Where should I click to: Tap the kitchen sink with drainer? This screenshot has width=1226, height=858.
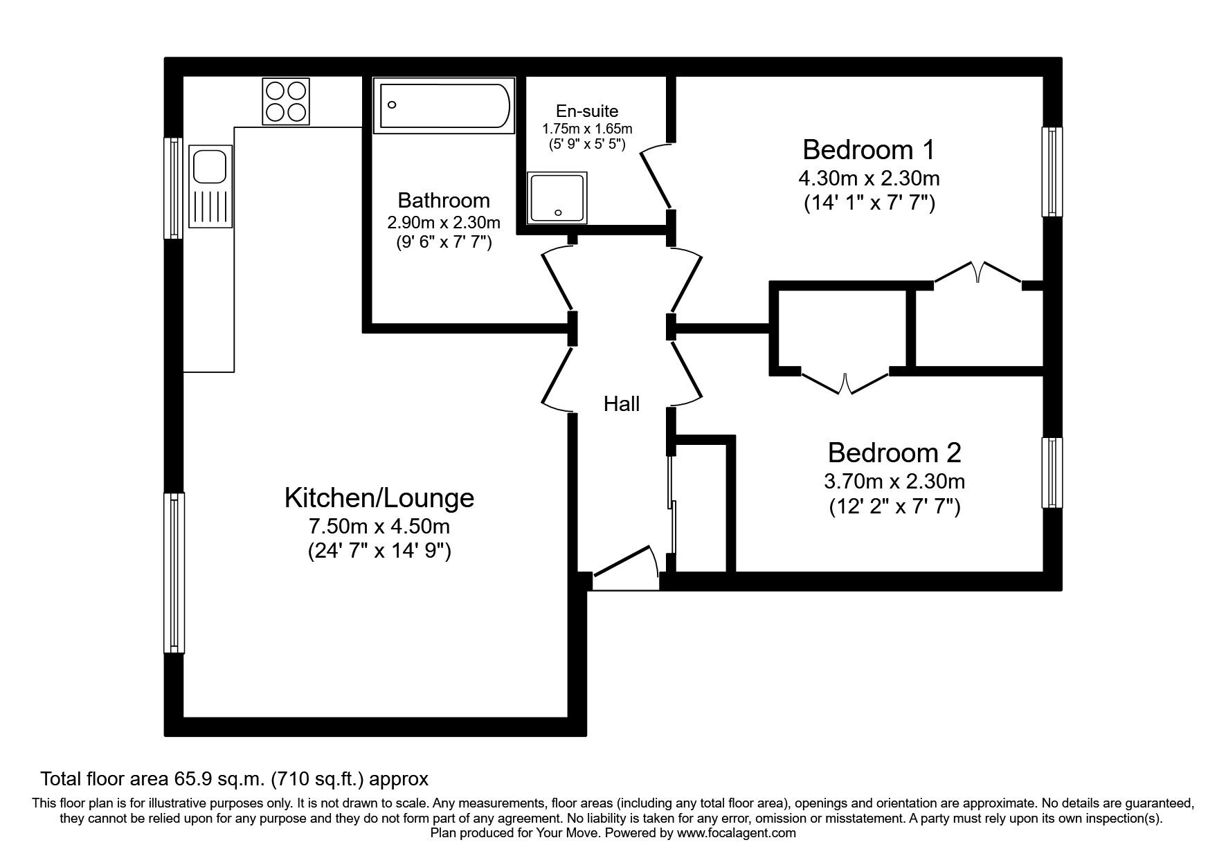[x=210, y=187]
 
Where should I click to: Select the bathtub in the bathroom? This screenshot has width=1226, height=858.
[x=444, y=105]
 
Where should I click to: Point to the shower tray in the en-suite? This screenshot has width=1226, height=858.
[x=557, y=198]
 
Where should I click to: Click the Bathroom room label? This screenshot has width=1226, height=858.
[x=444, y=201]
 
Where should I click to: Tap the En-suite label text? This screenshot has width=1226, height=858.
[x=587, y=111]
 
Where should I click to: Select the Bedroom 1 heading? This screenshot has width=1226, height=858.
[x=869, y=149]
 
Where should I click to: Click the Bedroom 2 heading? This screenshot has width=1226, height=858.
[x=894, y=453]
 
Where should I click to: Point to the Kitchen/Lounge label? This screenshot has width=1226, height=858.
[x=379, y=498]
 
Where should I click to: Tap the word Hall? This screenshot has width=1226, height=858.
[x=621, y=404]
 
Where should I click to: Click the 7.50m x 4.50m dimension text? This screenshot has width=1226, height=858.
[x=379, y=527]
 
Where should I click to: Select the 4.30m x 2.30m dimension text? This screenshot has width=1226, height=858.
[x=869, y=179]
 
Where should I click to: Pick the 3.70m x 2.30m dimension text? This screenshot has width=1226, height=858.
[x=894, y=481]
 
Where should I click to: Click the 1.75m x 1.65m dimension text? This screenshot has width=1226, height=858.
[x=587, y=129]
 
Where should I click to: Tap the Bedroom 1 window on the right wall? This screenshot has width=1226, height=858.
[x=1052, y=172]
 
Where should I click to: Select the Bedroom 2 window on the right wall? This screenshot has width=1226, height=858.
[x=1052, y=474]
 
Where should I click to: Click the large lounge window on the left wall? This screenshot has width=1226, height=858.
[x=174, y=573]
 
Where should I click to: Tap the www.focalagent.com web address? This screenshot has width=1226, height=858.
[x=737, y=833]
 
